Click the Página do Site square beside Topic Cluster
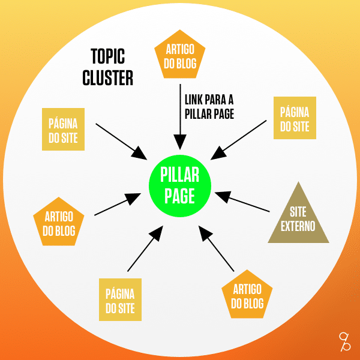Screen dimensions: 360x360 tap(63, 130)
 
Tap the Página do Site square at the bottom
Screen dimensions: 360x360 tap(120, 300)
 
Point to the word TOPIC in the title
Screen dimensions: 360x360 tap(107, 57)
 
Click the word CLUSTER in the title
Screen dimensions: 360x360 tap(108, 78)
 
